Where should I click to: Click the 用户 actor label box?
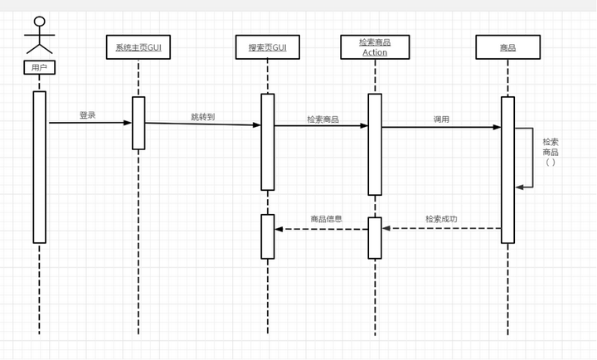pyautogui.click(x=39, y=69)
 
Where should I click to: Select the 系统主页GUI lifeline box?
pyautogui.click(x=138, y=48)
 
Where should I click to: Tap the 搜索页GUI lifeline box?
pyautogui.click(x=267, y=48)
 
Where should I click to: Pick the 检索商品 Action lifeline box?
pyautogui.click(x=375, y=47)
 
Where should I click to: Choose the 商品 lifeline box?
pyautogui.click(x=507, y=48)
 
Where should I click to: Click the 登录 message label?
pyautogui.click(x=87, y=115)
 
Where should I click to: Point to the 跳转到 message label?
pyautogui.click(x=202, y=117)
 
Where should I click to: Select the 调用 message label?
pyautogui.click(x=441, y=119)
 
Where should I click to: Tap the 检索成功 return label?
pyautogui.click(x=441, y=219)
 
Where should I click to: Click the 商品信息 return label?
pyautogui.click(x=327, y=219)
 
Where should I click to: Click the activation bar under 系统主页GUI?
pyautogui.click(x=138, y=124)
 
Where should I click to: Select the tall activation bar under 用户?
pyautogui.click(x=39, y=167)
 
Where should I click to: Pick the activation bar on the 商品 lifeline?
pyautogui.click(x=507, y=170)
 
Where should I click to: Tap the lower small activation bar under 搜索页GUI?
pyautogui.click(x=267, y=236)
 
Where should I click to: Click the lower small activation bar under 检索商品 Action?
pyautogui.click(x=375, y=237)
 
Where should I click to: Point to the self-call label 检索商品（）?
pyautogui.click(x=551, y=152)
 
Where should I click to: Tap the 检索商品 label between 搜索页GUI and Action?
pyautogui.click(x=323, y=119)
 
